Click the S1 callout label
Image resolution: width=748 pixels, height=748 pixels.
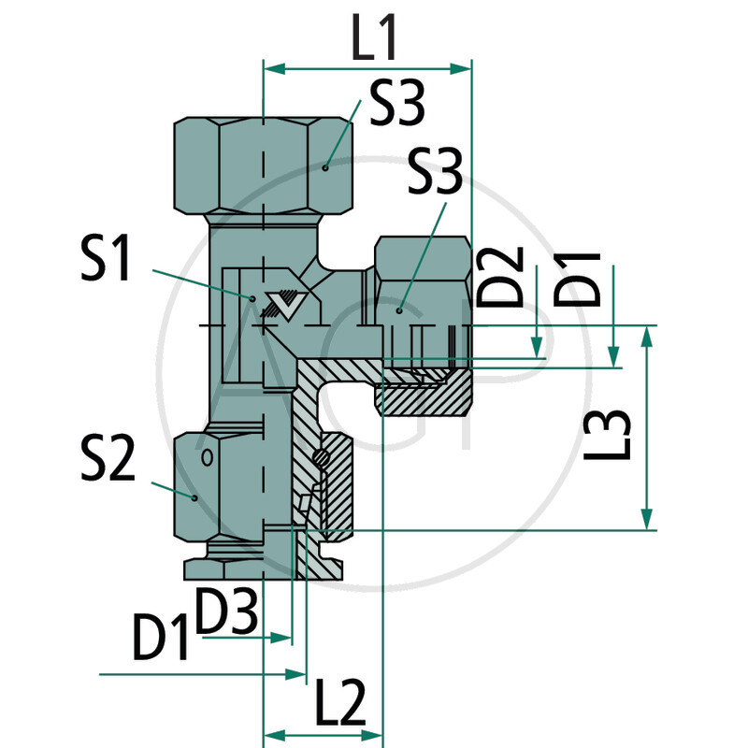coord(108,260)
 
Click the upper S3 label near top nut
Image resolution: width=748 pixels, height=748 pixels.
coord(396,105)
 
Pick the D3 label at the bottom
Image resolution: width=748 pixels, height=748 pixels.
coord(228,611)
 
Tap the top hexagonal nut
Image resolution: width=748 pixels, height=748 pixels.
coord(265,165)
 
